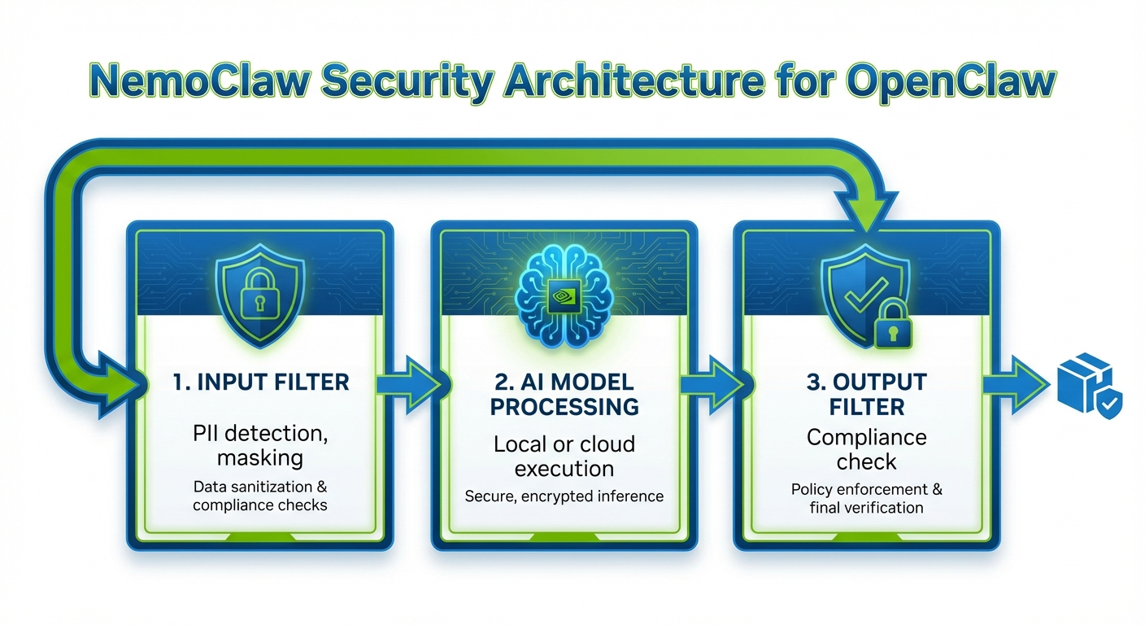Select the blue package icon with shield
pos(1088,386)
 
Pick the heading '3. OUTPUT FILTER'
pos(867,393)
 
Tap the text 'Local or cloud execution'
pos(564,457)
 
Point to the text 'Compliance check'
pos(867,449)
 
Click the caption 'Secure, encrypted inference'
pos(564,496)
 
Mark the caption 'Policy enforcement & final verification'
pos(867,499)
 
